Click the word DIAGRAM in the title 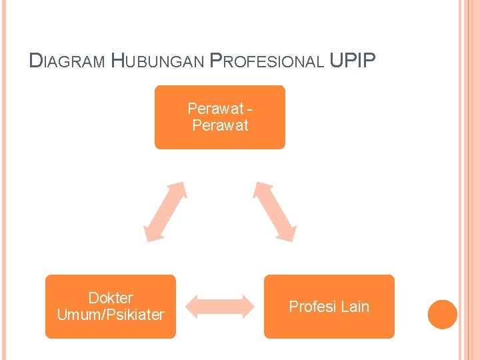point(67,61)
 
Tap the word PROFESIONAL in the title point(267,61)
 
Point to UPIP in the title point(353,61)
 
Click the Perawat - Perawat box point(220,117)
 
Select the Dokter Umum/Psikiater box point(111,306)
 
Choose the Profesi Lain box point(329,306)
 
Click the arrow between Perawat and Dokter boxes point(165,211)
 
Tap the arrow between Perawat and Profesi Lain point(274,210)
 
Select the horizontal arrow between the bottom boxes point(220,306)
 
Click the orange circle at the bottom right point(443,314)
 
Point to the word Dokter point(111,298)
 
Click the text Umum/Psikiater point(111,315)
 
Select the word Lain point(355,307)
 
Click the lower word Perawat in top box point(220,125)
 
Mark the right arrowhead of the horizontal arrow point(248,306)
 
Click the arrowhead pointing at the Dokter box point(151,233)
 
